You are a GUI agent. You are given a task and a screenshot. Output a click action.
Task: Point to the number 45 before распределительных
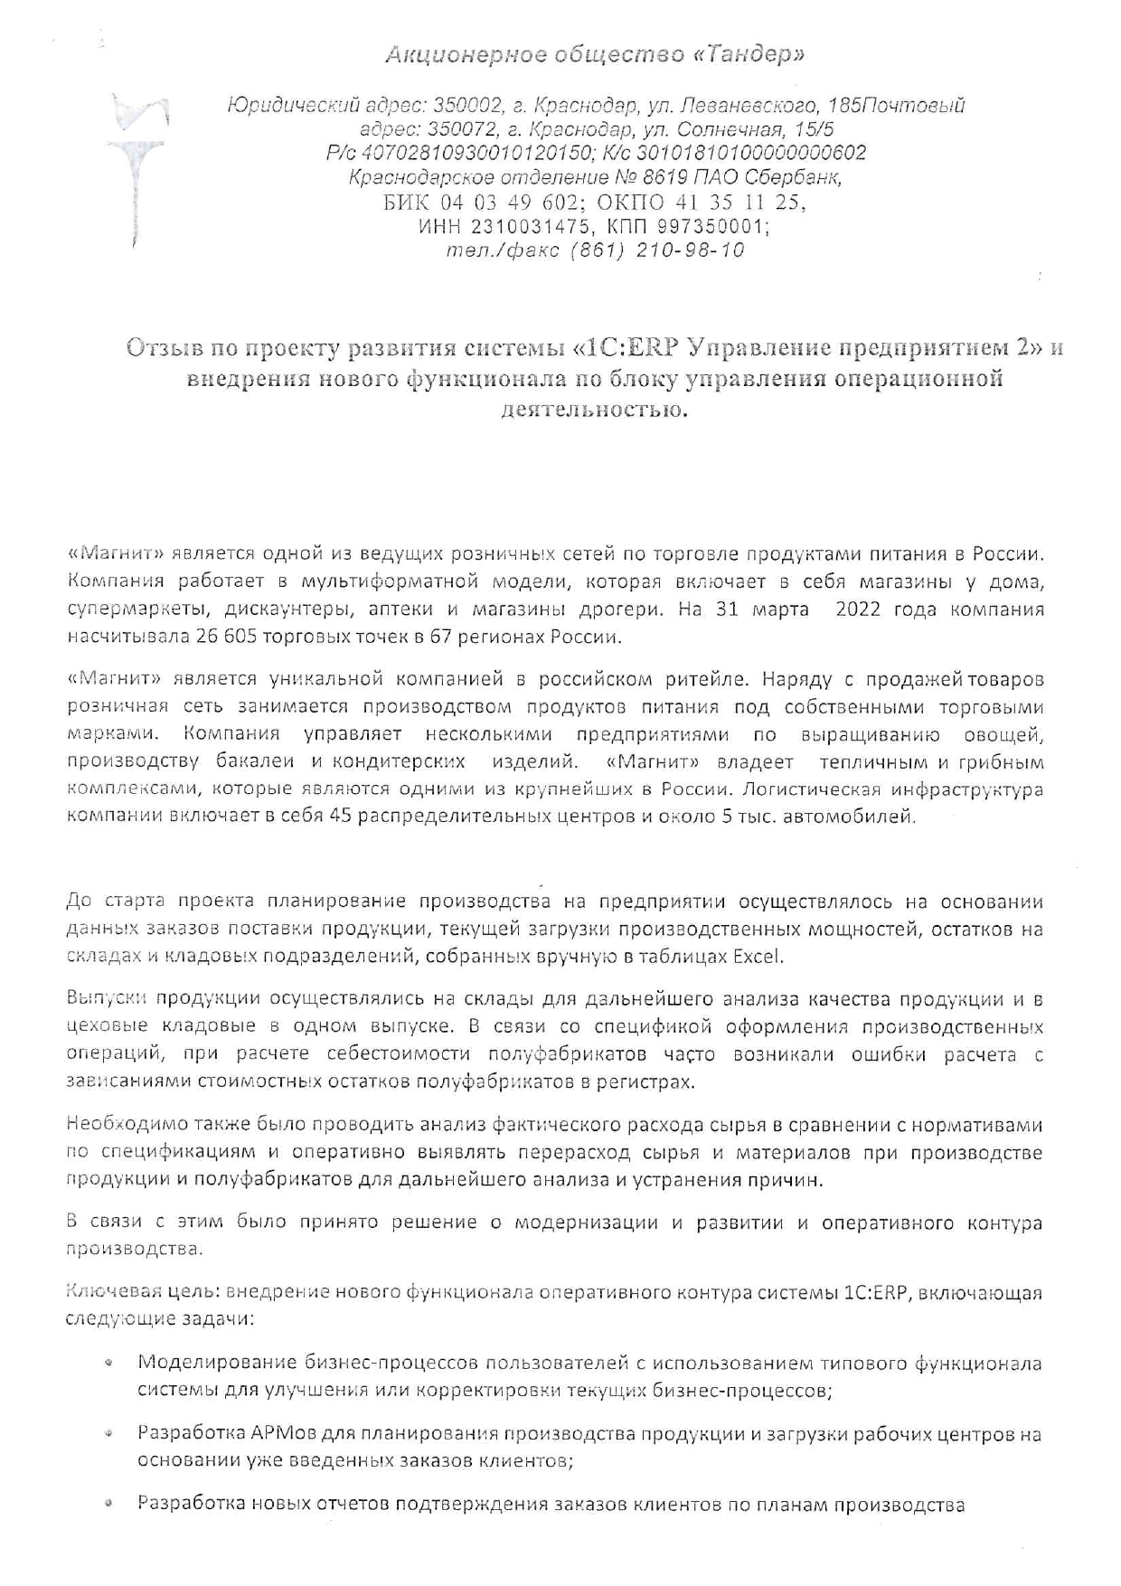(344, 817)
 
